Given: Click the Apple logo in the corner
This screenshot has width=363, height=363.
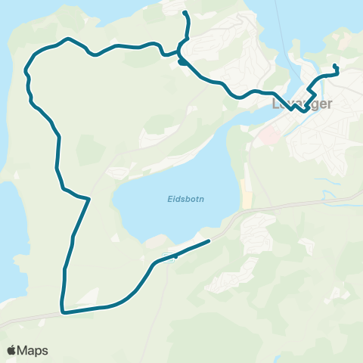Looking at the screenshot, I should (12, 350).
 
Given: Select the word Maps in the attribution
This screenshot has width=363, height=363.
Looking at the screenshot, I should (33, 350).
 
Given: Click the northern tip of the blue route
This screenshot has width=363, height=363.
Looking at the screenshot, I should (185, 13).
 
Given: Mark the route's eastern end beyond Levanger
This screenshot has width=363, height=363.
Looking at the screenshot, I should (335, 70).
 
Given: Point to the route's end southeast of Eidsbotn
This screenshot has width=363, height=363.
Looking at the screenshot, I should (207, 242).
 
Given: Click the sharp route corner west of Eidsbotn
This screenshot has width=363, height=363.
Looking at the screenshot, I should (89, 199).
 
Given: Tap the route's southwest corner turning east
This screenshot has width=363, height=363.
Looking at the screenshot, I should (63, 311).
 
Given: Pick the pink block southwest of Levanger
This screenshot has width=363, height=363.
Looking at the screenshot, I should (268, 136).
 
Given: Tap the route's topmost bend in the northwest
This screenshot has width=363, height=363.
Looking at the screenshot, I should (69, 39).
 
